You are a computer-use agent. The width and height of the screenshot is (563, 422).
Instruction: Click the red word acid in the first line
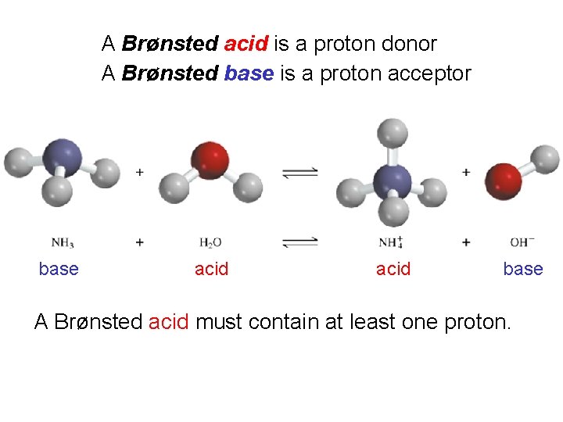pos(246,44)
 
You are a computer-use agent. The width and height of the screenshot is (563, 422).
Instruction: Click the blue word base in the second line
pos(249,74)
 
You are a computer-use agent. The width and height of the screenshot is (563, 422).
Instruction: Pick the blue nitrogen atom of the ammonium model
pos(393,181)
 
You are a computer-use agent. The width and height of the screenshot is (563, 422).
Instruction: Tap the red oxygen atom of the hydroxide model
pos(503,180)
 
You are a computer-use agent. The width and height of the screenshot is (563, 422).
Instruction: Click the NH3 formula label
pos(63,242)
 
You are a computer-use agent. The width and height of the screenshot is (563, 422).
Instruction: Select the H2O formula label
pos(210,242)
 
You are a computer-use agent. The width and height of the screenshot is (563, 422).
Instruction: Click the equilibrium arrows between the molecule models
pos(299,173)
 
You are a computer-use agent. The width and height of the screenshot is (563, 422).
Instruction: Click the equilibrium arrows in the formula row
pos(299,242)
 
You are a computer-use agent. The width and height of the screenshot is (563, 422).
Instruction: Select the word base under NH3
pos(59,269)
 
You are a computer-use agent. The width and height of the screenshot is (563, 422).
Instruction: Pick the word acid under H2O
pos(211,269)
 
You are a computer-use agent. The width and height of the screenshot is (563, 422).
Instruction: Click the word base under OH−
pos(522,269)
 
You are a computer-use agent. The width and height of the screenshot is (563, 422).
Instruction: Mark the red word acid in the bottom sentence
pos(169,321)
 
